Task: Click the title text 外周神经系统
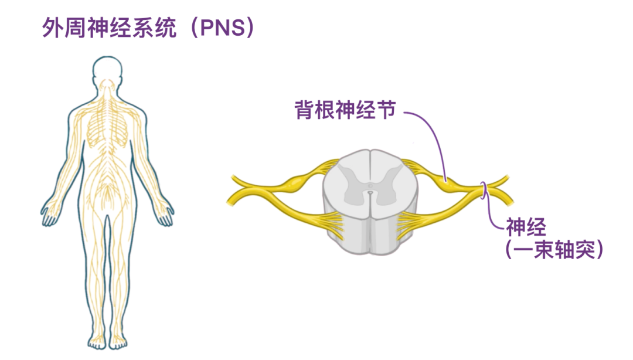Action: [110, 28]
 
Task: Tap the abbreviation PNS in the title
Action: [223, 28]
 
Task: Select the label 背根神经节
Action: [345, 110]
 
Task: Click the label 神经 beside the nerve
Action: [526, 227]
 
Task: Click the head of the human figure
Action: [107, 72]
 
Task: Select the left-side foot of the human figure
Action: [97, 342]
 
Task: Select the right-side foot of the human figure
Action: [117, 342]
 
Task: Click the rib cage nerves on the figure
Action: [107, 125]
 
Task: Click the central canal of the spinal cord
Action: [370, 193]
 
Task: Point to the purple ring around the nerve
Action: [483, 191]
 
